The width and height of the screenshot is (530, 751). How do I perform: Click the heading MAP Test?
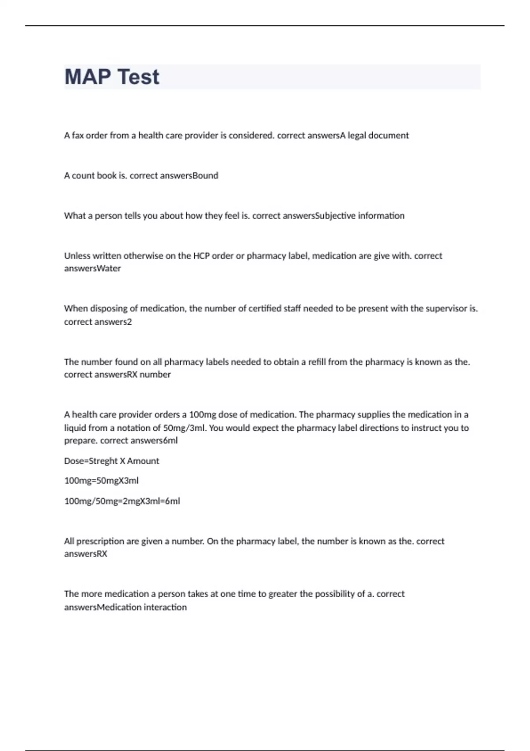tap(112, 77)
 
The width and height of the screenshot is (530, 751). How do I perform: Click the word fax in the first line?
tap(78, 136)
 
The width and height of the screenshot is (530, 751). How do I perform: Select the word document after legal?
tap(388, 136)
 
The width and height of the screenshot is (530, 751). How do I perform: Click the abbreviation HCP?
tap(201, 256)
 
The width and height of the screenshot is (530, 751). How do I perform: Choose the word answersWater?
tap(92, 269)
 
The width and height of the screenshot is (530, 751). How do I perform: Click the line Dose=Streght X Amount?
tap(111, 461)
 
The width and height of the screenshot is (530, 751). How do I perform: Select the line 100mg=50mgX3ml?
tap(101, 481)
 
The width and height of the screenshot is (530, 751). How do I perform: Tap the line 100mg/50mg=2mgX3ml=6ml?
tap(122, 501)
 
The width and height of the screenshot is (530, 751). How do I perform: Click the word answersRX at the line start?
tap(86, 554)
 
